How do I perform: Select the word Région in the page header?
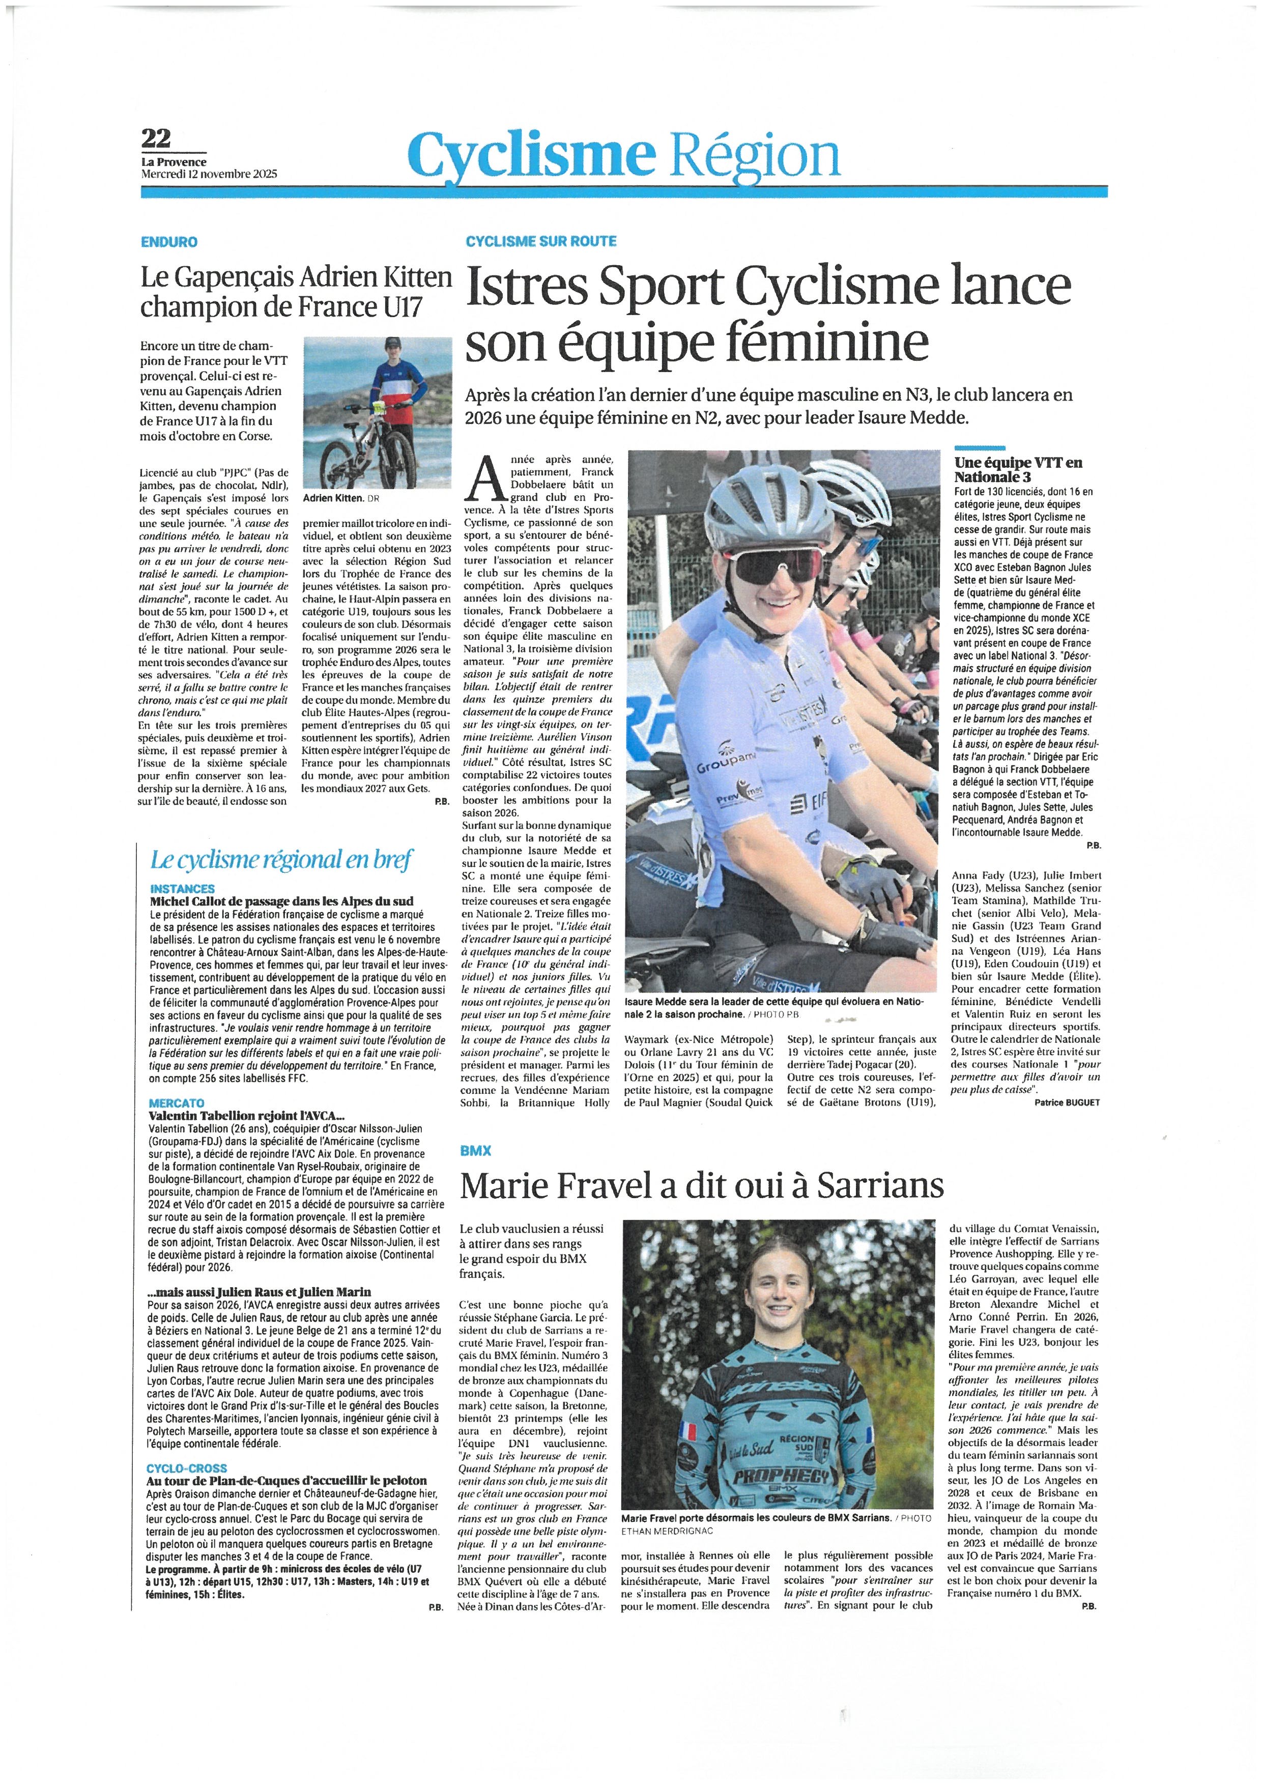point(755,155)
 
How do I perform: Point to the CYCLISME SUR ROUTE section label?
point(541,241)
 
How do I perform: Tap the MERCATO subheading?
point(177,1103)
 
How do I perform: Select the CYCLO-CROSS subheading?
point(187,1468)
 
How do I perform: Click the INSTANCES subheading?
point(183,889)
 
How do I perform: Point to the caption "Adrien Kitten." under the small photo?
point(333,498)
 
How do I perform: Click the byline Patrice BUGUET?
point(1067,1102)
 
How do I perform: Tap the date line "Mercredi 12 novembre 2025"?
point(208,174)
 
